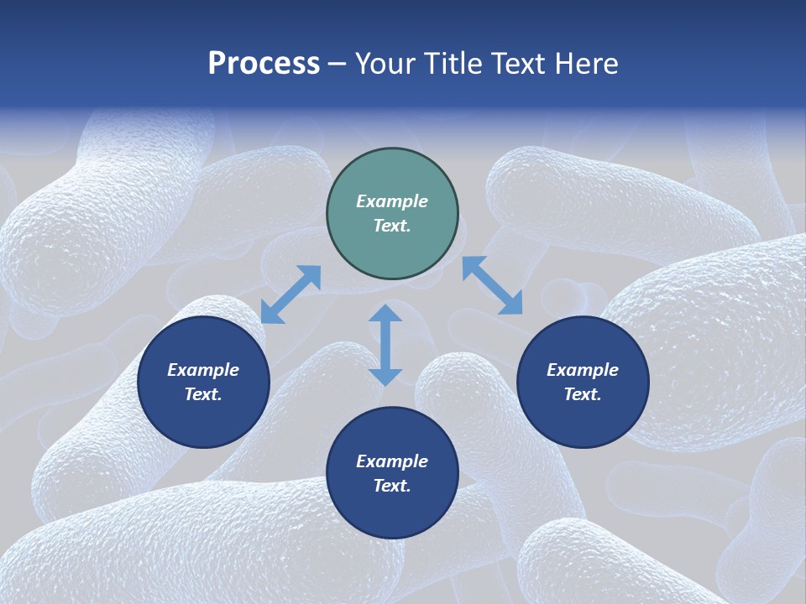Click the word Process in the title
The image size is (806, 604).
[x=264, y=64]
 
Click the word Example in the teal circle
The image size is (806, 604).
[x=392, y=201]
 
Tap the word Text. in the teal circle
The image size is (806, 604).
[x=392, y=226]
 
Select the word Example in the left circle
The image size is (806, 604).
[x=203, y=370]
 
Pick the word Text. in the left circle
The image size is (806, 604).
[x=203, y=394]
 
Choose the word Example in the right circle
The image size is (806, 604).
[x=583, y=370]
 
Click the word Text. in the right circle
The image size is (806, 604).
[x=583, y=394]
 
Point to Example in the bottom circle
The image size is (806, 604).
[x=392, y=461]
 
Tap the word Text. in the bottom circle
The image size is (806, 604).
[x=392, y=486]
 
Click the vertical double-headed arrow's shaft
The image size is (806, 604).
[x=385, y=345]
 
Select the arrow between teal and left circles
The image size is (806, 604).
[x=290, y=294]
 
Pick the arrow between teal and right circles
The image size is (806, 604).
[x=492, y=285]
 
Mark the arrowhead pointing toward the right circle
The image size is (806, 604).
[x=511, y=304]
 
